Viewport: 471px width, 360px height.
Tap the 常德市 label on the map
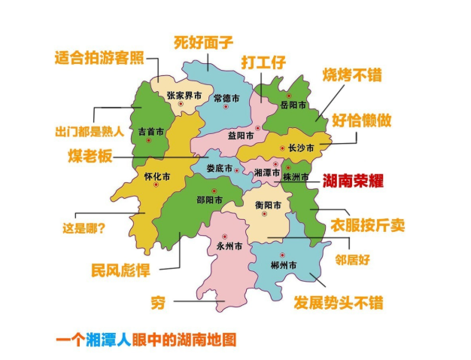[226, 99]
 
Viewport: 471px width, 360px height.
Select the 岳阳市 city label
[293, 105]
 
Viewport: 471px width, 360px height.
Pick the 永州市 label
[228, 246]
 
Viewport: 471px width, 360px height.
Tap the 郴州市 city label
[282, 266]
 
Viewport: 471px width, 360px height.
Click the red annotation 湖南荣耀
[353, 181]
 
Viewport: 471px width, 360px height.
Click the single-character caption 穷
[157, 302]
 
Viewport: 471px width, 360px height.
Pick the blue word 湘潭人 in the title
[109, 340]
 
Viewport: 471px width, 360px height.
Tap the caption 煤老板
[93, 156]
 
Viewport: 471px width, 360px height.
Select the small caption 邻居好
[353, 259]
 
